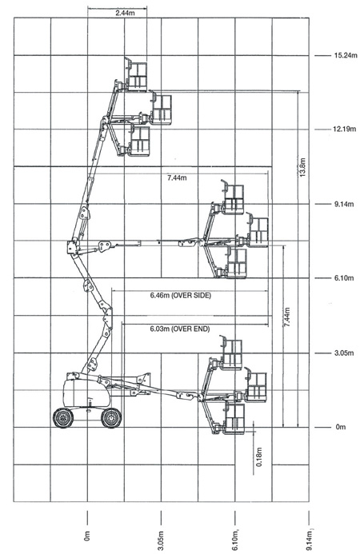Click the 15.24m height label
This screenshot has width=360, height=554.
point(346,55)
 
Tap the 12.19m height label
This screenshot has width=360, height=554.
point(345,130)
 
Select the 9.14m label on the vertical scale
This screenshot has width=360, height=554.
point(344,204)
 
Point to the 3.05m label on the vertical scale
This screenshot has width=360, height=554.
point(344,353)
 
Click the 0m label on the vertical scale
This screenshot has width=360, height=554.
point(341,427)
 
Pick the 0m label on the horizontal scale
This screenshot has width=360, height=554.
point(87,536)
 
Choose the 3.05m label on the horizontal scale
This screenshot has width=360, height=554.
point(161,540)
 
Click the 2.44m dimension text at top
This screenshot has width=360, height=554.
point(125,14)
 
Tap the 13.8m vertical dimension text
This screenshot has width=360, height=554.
point(302,167)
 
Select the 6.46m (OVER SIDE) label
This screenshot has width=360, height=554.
point(180,295)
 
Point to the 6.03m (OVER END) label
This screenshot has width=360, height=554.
point(180,329)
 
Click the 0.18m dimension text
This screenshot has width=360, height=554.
point(259,456)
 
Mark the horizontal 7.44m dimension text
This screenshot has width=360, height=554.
point(177,177)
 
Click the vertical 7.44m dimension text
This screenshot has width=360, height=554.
point(286,317)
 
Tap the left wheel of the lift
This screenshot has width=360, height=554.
point(63,418)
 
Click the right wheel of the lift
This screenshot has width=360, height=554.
point(111,418)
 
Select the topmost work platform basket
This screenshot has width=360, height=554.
point(136,74)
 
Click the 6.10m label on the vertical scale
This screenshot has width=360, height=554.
point(344,278)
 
